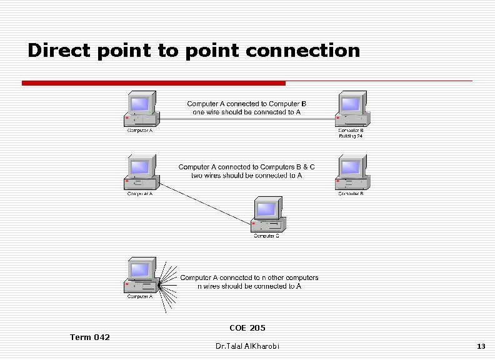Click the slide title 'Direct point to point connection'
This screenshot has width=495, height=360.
tap(194, 51)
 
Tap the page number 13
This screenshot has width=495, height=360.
tap(481, 346)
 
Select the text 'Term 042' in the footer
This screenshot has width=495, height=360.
tap(90, 337)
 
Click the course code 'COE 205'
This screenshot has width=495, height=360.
tap(247, 327)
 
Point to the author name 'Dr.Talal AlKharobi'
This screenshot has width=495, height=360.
tap(247, 346)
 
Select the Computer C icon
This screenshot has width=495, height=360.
tap(267, 215)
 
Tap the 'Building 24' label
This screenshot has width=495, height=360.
tap(351, 136)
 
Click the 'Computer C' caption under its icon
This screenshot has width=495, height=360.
tap(266, 236)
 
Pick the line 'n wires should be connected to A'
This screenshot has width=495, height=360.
tap(249, 286)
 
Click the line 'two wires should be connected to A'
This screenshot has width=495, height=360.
tap(247, 176)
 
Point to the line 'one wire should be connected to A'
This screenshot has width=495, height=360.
tap(247, 112)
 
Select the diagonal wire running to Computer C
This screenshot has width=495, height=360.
tap(206, 203)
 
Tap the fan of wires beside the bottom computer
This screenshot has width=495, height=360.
tap(167, 285)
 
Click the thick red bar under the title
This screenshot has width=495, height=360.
tap(153, 83)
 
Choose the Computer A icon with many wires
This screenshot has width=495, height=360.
tap(141, 276)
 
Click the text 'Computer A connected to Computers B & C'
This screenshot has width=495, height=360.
tap(247, 167)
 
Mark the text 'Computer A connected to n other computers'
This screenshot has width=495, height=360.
tap(249, 277)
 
